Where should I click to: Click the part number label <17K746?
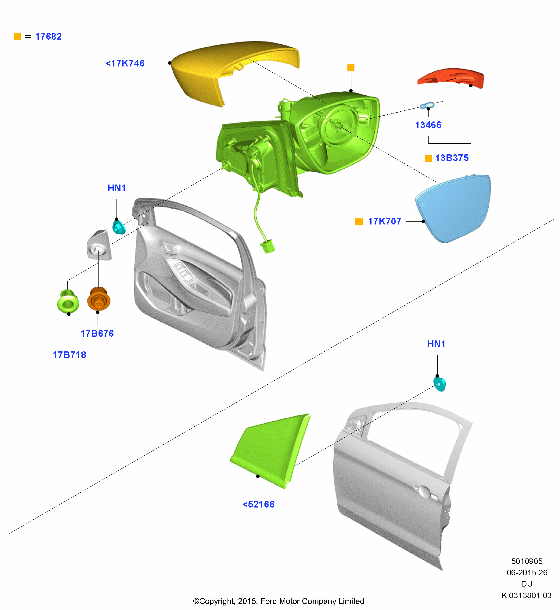(x=125, y=63)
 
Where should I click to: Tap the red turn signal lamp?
(x=451, y=77)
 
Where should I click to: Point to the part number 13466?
(x=428, y=125)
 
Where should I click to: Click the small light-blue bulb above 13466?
(x=427, y=106)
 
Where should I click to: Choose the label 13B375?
(x=452, y=158)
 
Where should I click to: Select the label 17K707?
(x=385, y=221)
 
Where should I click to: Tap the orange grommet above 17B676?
(x=99, y=299)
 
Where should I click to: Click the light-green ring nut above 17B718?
(x=68, y=301)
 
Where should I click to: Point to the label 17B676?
(x=97, y=333)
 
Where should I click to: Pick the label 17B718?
(x=70, y=355)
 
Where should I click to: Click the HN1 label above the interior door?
(x=117, y=188)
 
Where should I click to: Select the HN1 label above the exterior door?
(x=436, y=344)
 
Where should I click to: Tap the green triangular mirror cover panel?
(x=270, y=450)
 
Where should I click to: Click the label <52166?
(x=259, y=504)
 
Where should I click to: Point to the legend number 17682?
(x=48, y=36)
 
